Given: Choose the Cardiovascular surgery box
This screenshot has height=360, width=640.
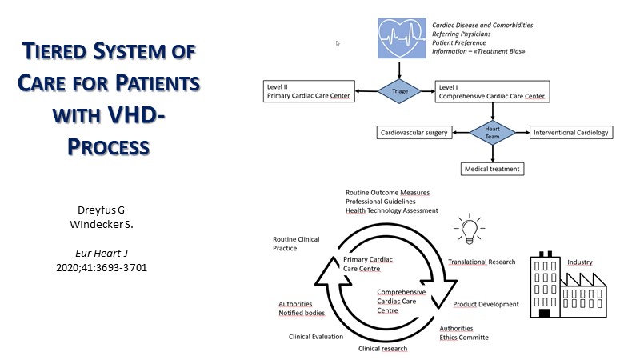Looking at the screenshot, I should click(x=414, y=132).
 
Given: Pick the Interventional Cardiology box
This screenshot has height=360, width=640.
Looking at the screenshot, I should click(x=571, y=132).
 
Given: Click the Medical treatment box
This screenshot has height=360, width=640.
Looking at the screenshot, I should click(x=493, y=169).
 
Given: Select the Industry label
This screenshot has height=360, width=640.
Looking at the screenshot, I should click(x=580, y=262).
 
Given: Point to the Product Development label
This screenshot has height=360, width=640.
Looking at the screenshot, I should click(x=486, y=304).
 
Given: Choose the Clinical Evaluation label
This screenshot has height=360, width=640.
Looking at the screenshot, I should click(x=316, y=337).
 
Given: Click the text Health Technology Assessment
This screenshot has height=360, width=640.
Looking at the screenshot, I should click(x=392, y=210).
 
